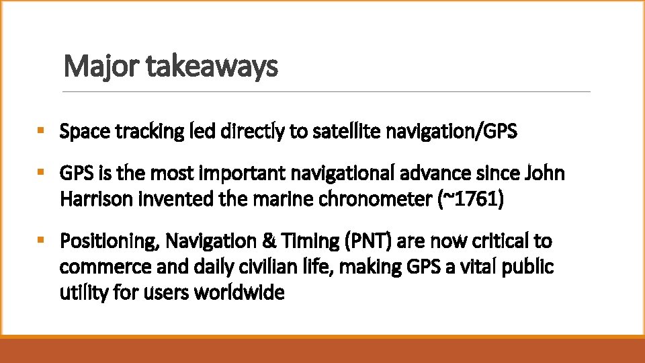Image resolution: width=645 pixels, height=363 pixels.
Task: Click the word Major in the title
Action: pyautogui.click(x=92, y=67)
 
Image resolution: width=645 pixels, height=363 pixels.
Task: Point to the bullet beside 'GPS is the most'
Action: pyautogui.click(x=42, y=173)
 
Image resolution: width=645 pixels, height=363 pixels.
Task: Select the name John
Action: pyautogui.click(x=545, y=173)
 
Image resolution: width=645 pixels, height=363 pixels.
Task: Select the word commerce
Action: pyautogui.click(x=95, y=267)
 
